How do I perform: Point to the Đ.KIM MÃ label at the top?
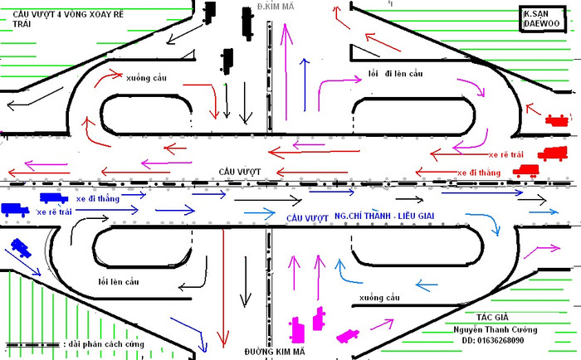pyautogui.click(x=276, y=7)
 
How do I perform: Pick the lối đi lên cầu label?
pyautogui.click(x=395, y=74)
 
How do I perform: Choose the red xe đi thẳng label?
pyautogui.click(x=479, y=172)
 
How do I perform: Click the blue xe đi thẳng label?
pyautogui.click(x=98, y=198)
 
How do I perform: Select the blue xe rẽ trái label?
pyautogui.click(x=55, y=212)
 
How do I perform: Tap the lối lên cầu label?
pyautogui.click(x=118, y=282)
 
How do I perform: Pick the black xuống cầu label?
pyautogui.click(x=380, y=296)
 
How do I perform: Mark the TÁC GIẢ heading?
pyautogui.click(x=494, y=318)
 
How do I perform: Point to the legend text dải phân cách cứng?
pyautogui.click(x=103, y=342)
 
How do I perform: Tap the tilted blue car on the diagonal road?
pyautogui.click(x=18, y=247)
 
